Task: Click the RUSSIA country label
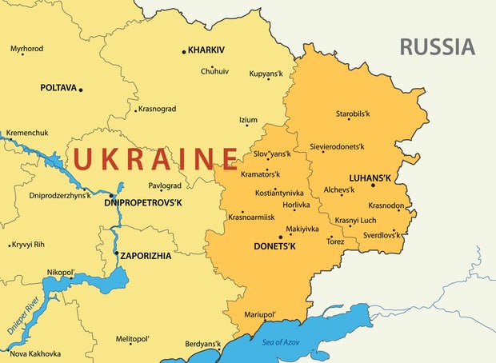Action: [437, 46]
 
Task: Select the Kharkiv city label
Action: [206, 50]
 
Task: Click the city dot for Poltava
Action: [81, 89]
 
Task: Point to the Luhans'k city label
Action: [370, 176]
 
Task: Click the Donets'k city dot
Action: [281, 237]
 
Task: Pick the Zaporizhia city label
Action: [146, 256]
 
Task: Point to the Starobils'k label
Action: [353, 114]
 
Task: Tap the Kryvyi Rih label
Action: [29, 244]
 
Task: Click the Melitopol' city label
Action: [133, 339]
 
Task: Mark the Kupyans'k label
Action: [266, 74]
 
